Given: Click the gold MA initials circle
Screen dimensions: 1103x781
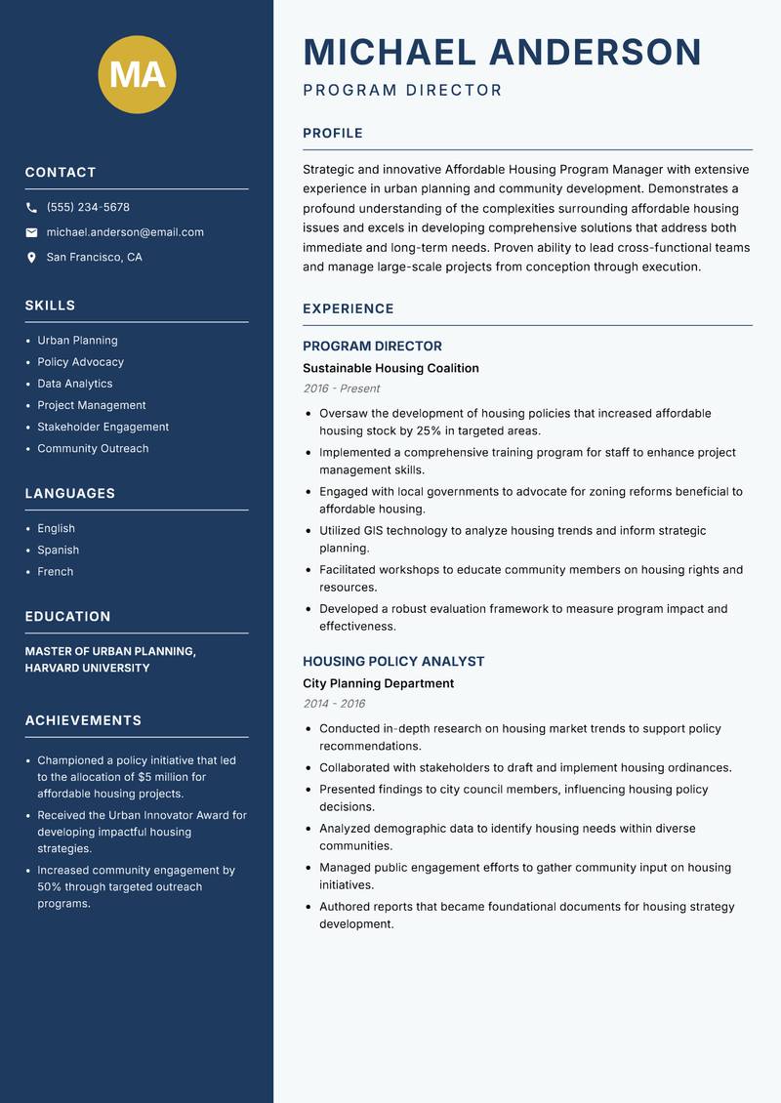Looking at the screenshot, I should (x=137, y=74).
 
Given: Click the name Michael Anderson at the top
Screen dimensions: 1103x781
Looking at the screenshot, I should (x=502, y=52).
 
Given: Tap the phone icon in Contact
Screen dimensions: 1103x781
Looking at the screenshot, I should (x=31, y=208).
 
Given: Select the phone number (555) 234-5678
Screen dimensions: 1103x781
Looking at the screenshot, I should (x=88, y=208).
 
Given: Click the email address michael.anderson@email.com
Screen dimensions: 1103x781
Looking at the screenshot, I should (x=125, y=232).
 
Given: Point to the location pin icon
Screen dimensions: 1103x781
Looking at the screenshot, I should (x=31, y=258).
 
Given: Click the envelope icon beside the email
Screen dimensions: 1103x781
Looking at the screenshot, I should (x=31, y=232).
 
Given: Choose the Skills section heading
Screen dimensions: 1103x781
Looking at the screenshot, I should (x=50, y=306).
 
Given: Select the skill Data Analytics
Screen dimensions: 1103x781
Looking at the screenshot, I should (x=75, y=384).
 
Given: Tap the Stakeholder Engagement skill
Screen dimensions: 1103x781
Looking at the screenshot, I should (x=103, y=427).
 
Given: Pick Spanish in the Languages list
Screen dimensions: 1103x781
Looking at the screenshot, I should (x=59, y=550).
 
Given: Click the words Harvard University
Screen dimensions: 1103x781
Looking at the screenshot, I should (x=87, y=669).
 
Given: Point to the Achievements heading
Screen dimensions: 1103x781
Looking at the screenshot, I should (x=83, y=720).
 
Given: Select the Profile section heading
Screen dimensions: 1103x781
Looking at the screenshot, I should (x=332, y=134).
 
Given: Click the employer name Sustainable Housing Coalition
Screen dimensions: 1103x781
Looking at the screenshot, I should (x=390, y=368).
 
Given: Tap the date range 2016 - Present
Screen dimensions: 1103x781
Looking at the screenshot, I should (x=342, y=388).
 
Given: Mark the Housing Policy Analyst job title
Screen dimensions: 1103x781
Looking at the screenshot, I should (x=393, y=661).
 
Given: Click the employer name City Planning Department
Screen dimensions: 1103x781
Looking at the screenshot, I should (x=378, y=683).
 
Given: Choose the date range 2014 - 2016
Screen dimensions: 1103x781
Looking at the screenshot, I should (x=334, y=704).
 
